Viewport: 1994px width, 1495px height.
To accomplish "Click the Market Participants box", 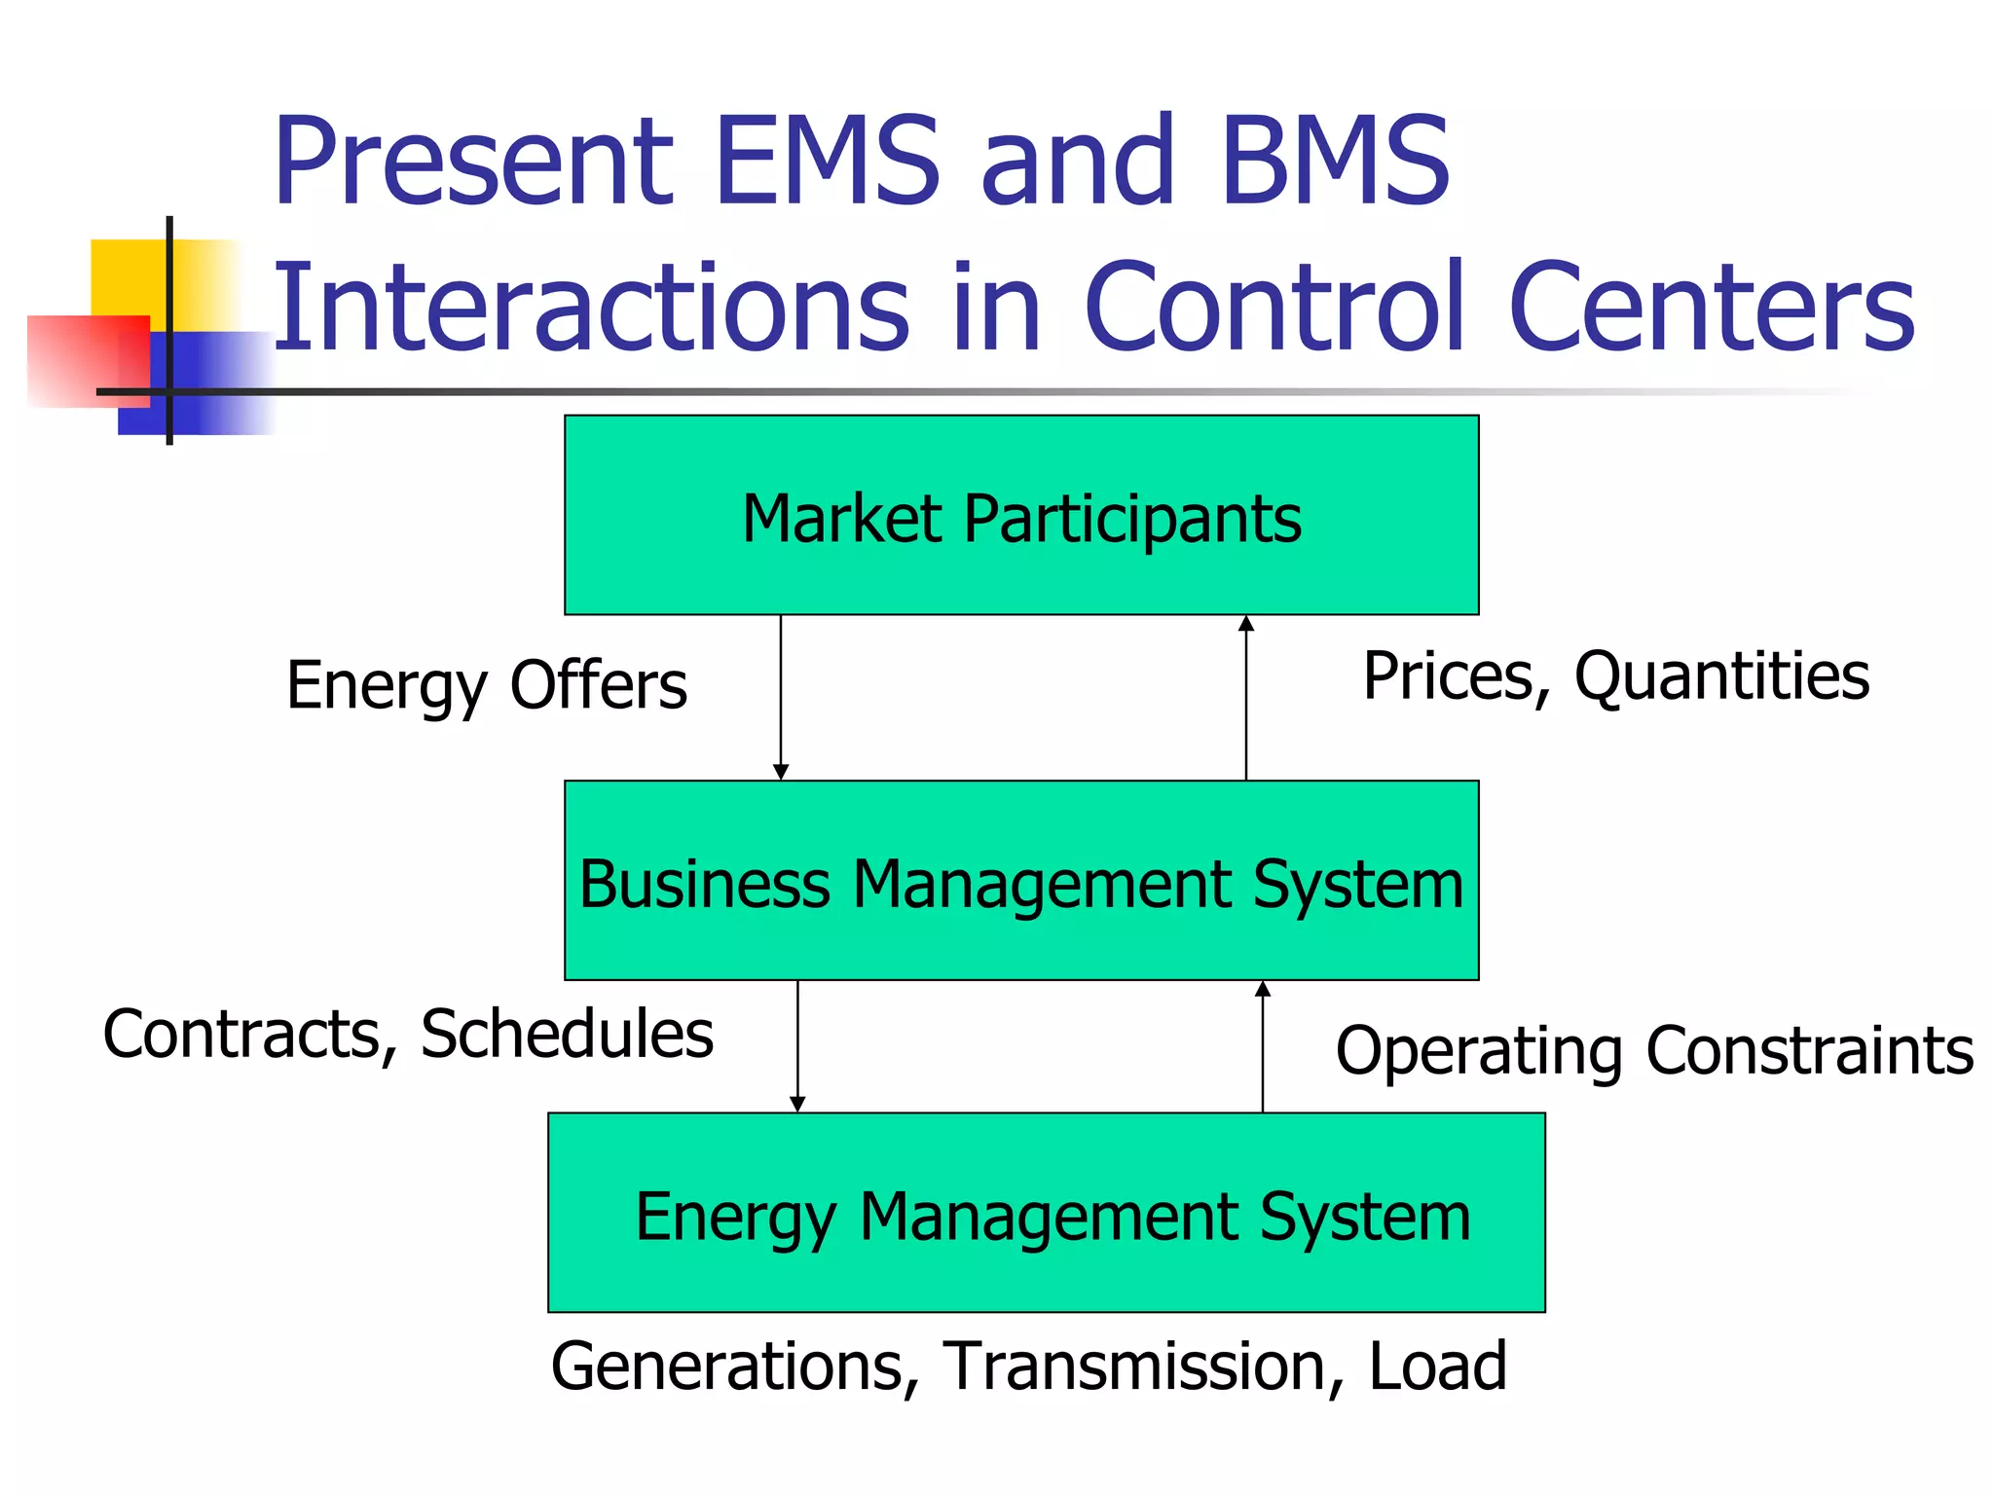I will coord(1021,516).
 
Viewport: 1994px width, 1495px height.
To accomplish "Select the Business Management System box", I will coord(1021,881).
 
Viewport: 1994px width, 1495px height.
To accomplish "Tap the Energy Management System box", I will coord(1047,1214).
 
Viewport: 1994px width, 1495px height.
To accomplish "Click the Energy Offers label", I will coord(487,686).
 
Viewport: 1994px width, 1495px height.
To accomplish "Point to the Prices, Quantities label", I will coord(1616,677).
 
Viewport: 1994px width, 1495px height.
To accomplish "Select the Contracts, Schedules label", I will coord(408,1035).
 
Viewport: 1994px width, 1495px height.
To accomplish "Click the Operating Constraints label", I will coord(1654,1051).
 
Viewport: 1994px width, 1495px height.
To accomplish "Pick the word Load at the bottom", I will coord(1438,1367).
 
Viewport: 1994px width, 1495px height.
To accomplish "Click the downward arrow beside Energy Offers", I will coord(781,697).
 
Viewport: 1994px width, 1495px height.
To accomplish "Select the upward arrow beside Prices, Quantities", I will coord(1246,697).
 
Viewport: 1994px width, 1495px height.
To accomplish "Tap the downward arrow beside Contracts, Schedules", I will coord(797,1046).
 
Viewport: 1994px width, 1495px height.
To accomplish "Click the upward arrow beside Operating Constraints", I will coord(1263,1046).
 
